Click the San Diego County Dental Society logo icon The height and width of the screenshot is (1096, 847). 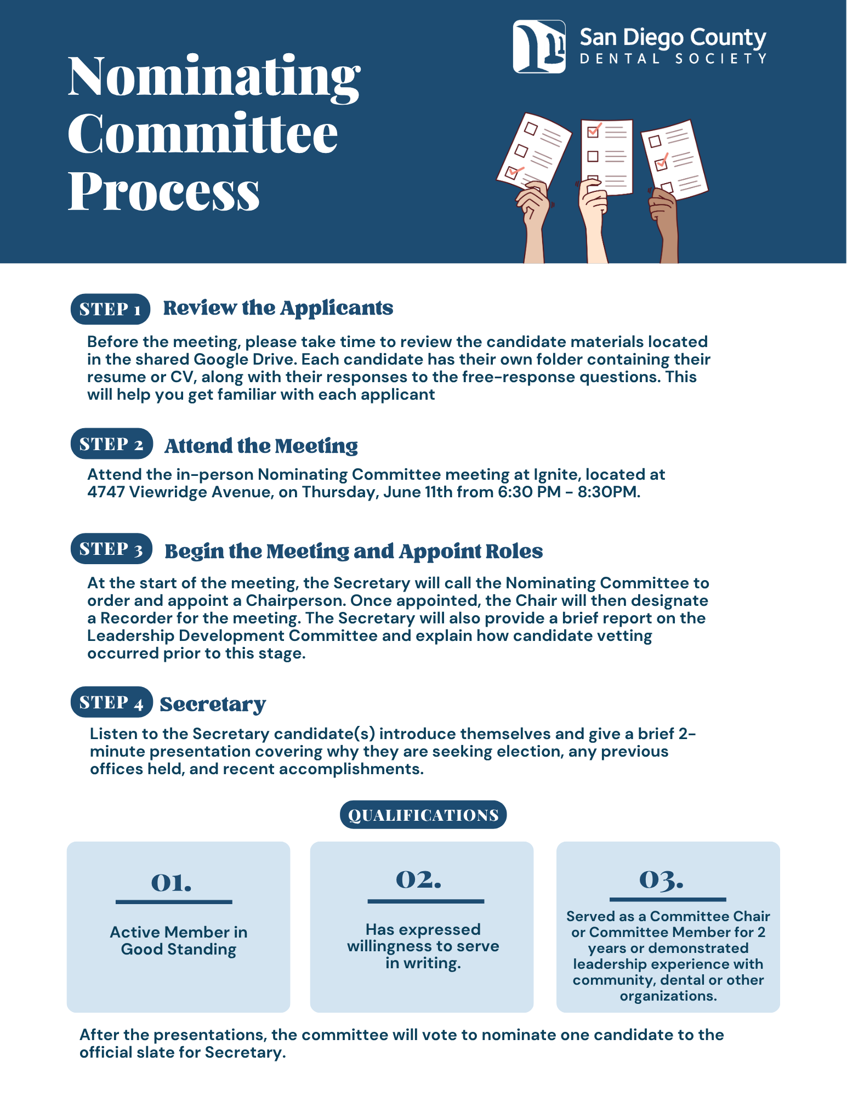[539, 47]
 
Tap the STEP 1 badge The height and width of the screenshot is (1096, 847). [110, 309]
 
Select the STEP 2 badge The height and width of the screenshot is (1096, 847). [111, 444]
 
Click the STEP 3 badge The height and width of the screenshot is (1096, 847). [111, 549]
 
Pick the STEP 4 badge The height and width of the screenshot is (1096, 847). [111, 702]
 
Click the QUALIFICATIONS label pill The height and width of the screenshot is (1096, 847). [423, 815]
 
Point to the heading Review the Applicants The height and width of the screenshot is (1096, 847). [278, 308]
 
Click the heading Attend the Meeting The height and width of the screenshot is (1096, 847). [261, 446]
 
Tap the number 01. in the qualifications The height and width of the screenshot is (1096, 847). [172, 882]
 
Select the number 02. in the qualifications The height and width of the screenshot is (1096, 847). [419, 879]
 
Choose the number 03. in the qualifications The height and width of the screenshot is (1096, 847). [661, 879]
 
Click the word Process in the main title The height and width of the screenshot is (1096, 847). [163, 191]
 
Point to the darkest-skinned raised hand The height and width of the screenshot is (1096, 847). [664, 222]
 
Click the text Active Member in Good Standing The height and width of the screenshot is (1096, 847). [179, 941]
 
